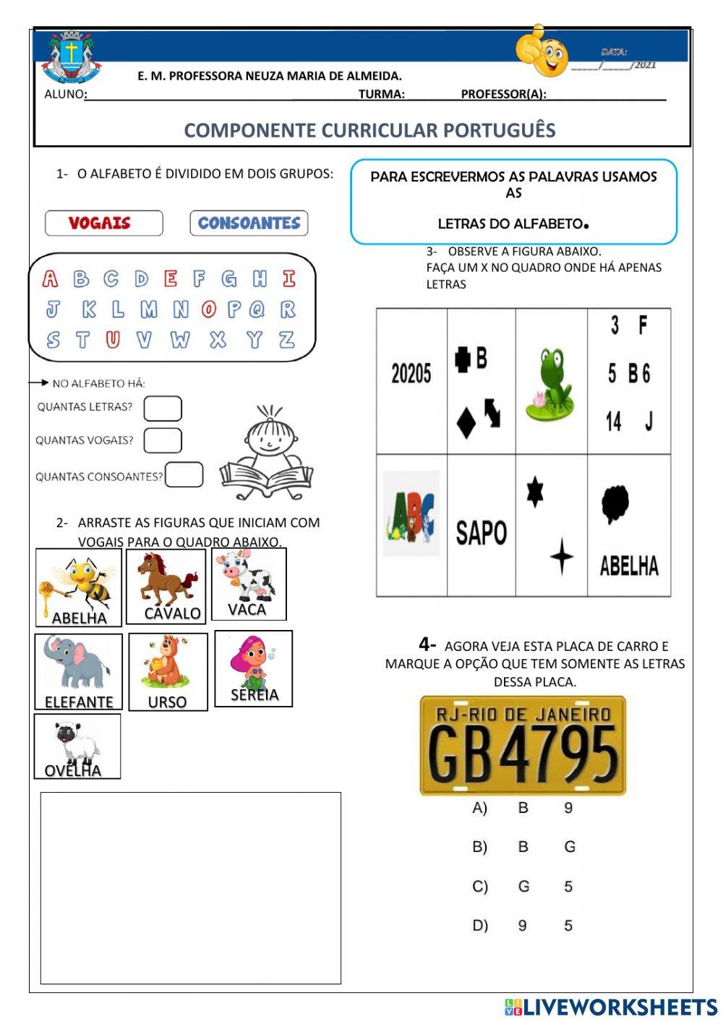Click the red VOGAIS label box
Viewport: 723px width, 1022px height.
pos(103,223)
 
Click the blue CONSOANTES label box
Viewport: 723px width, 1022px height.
pos(249,223)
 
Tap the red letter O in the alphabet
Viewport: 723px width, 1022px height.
pos(209,310)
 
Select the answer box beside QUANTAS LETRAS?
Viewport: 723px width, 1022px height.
pos(163,409)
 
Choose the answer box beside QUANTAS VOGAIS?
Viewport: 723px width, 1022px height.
pos(163,440)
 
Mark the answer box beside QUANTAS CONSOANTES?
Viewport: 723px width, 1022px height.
pos(184,475)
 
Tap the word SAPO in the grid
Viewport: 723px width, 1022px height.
pos(481,533)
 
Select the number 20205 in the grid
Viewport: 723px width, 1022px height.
pos(411,374)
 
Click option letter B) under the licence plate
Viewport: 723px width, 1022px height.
pos(480,847)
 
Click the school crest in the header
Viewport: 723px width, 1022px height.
pos(71,58)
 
